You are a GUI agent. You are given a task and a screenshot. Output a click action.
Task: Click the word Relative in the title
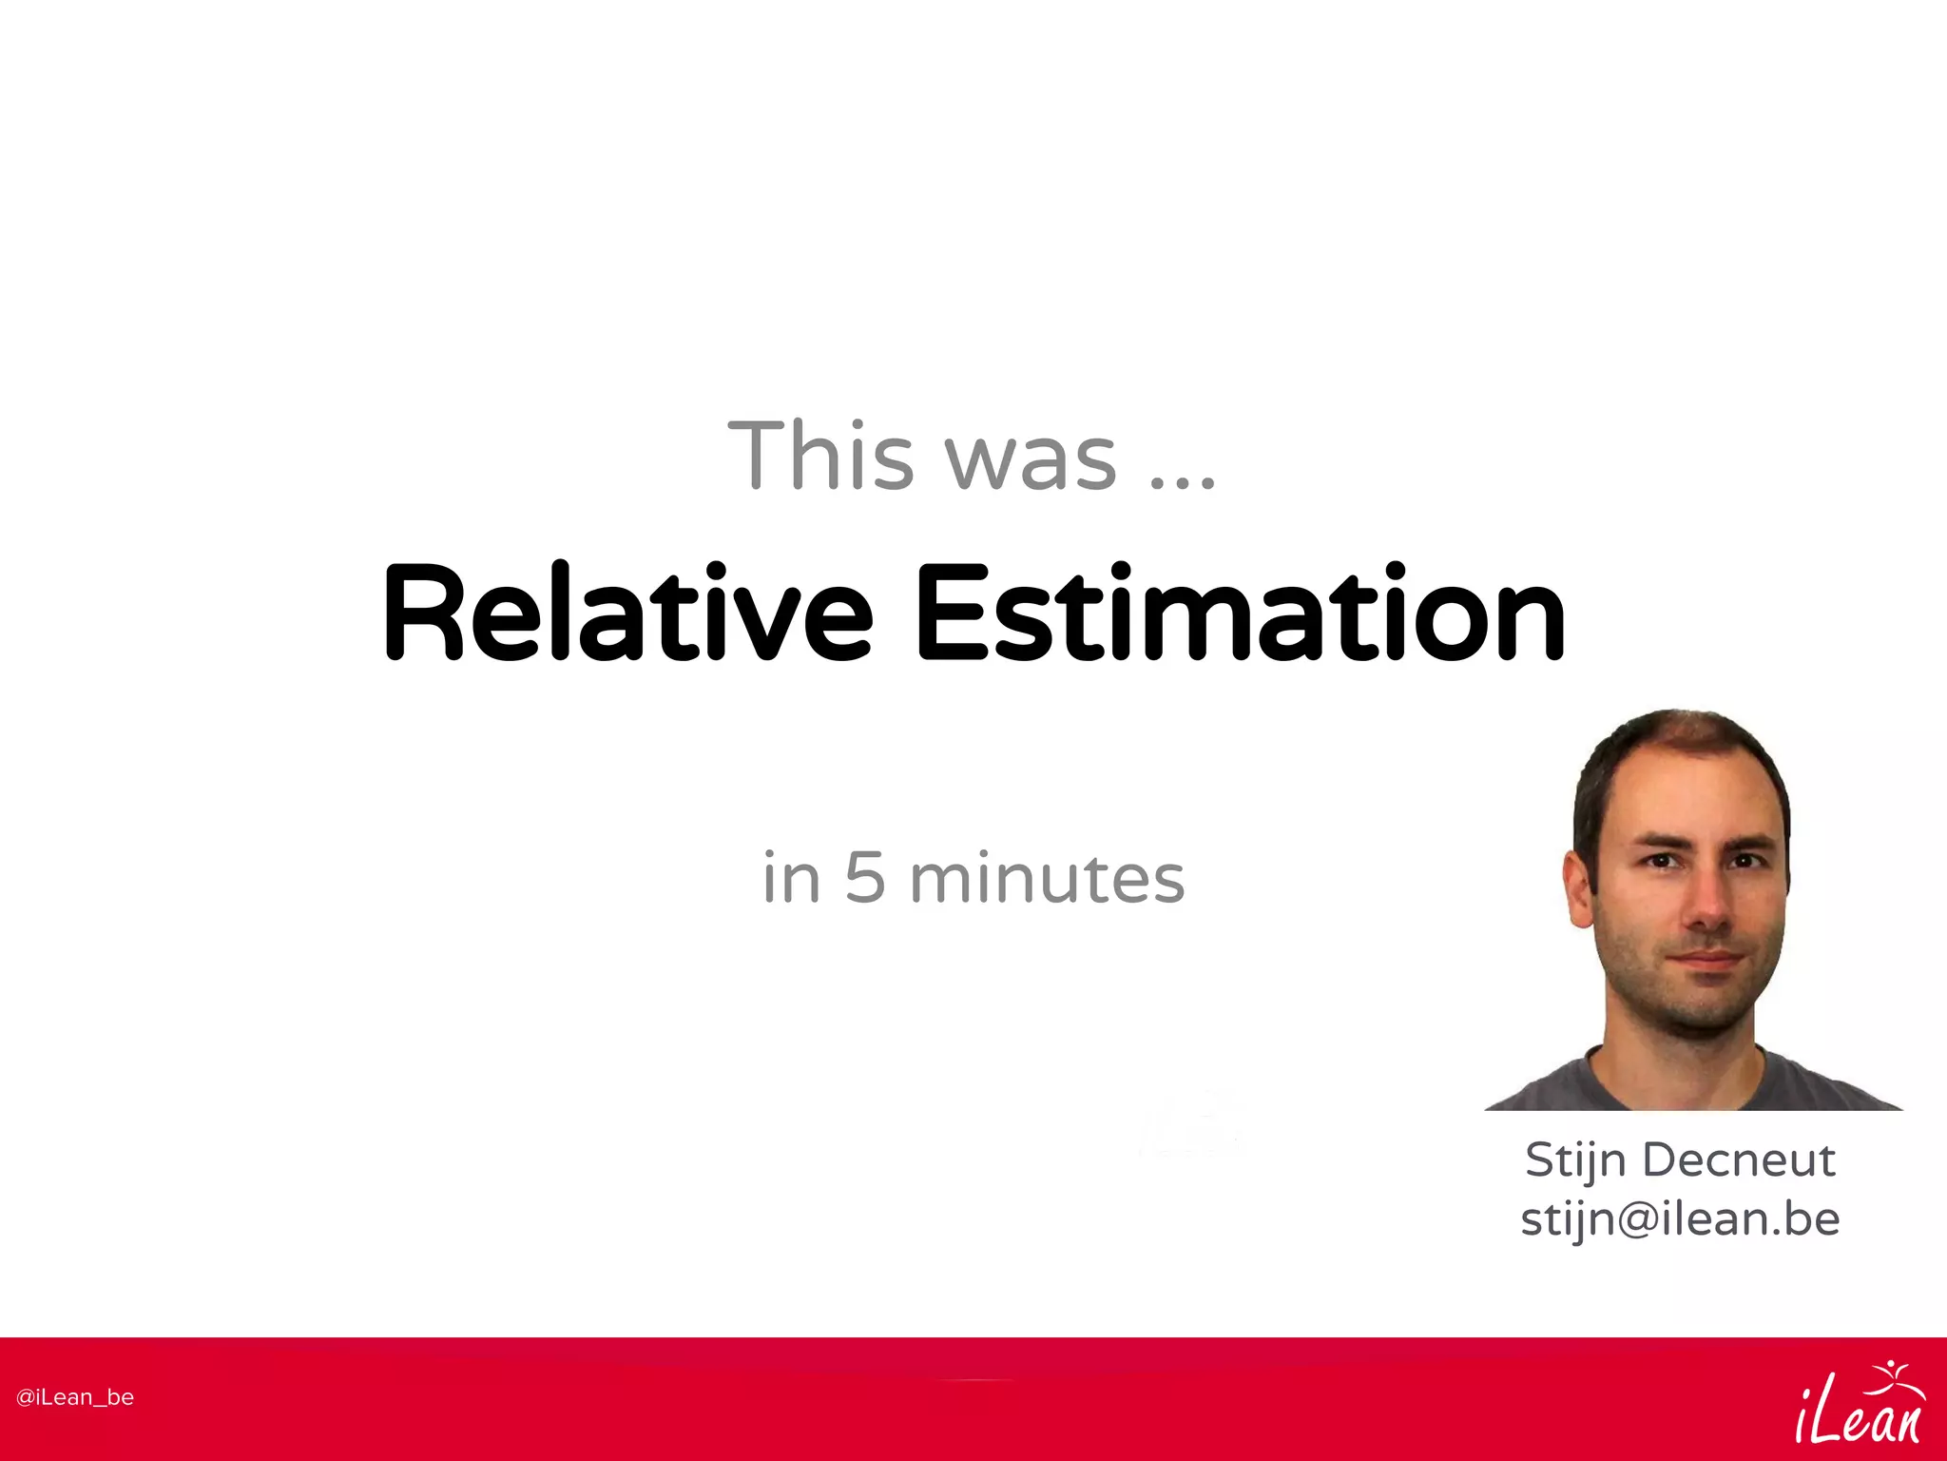[627, 614]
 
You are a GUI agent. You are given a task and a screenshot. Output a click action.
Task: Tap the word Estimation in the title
[1240, 614]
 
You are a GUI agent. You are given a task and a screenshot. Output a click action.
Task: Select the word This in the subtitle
[820, 457]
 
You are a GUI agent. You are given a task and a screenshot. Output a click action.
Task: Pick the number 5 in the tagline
[865, 878]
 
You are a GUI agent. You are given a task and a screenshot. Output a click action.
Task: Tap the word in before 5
[791, 878]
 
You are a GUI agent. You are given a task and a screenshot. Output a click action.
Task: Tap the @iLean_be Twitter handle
[75, 1397]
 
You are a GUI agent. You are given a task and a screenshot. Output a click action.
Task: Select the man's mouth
[1707, 960]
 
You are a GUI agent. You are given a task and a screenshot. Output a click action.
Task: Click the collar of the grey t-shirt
[1673, 1080]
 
